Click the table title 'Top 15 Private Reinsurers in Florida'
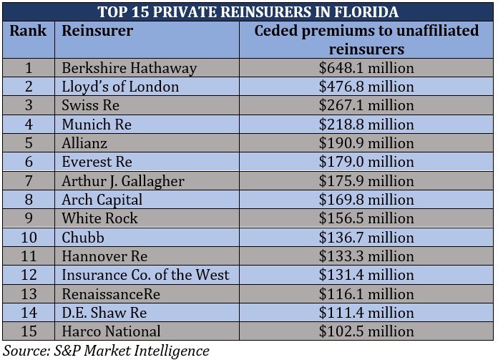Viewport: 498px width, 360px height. pos(248,12)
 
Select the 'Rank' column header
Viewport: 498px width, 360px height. pos(29,31)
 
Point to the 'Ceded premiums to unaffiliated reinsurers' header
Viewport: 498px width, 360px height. pos(366,40)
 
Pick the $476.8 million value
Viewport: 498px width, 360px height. pos(366,87)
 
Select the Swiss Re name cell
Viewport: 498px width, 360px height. pos(90,105)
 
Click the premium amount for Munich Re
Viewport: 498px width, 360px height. pos(366,125)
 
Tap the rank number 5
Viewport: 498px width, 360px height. pos(29,143)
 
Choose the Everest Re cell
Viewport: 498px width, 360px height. pos(97,162)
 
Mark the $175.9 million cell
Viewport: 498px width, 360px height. pos(366,181)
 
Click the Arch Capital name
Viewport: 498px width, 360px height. pos(102,200)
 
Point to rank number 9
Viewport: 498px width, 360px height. pos(29,218)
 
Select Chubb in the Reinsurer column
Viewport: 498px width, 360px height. pos(83,237)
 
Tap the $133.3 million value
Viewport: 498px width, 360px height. pos(366,256)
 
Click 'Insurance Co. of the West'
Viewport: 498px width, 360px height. pos(145,275)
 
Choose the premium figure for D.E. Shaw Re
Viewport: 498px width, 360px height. pos(366,312)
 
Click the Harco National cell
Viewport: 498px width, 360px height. pos(111,331)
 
